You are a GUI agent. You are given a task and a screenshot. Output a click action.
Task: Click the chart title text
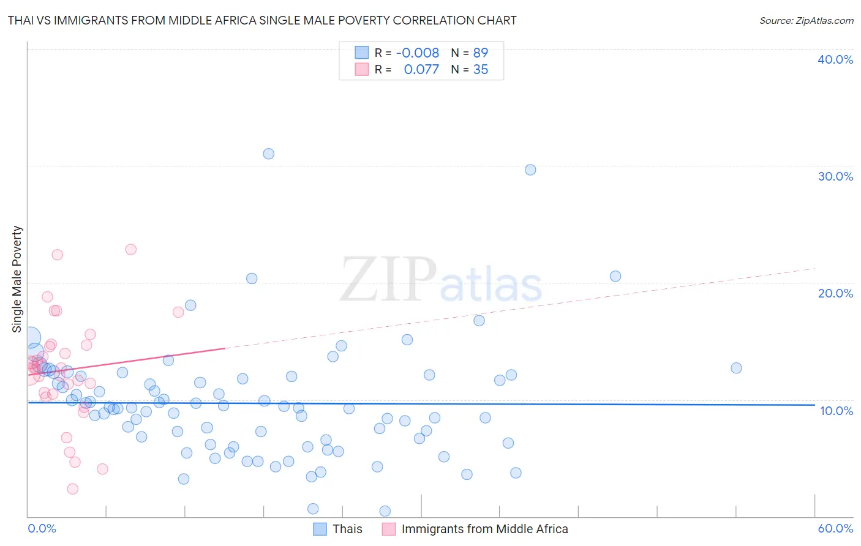click(262, 20)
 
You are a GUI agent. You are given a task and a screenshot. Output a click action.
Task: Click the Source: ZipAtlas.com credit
click(806, 20)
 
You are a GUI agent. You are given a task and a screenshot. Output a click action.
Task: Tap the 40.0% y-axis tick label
click(835, 59)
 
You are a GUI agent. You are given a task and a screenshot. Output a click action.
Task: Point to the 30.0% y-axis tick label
click(835, 176)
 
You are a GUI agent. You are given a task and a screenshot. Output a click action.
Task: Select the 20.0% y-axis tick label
click(835, 293)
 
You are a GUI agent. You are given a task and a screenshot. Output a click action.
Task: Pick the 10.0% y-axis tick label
click(837, 411)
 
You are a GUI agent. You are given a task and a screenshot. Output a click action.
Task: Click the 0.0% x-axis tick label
click(42, 528)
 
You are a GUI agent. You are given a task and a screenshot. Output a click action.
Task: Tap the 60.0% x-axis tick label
click(835, 528)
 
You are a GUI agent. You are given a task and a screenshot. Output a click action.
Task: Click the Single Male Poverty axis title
click(17, 279)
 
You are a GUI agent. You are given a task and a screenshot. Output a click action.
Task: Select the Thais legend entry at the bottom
click(347, 529)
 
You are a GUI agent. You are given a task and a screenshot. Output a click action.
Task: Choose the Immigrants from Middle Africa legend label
click(484, 529)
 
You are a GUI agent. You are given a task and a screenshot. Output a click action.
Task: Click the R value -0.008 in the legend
click(418, 53)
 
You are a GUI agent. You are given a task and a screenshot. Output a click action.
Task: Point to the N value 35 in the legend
click(481, 70)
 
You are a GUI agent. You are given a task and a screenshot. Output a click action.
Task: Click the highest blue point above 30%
click(268, 154)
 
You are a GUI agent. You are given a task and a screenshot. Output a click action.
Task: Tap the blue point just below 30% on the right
click(530, 170)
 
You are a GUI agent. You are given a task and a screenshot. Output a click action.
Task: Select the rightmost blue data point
click(736, 368)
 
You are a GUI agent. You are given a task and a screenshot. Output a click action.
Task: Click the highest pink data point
click(130, 249)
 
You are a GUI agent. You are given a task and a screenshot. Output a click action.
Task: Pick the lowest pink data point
click(72, 488)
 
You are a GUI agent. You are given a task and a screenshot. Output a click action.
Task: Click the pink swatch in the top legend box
click(362, 70)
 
